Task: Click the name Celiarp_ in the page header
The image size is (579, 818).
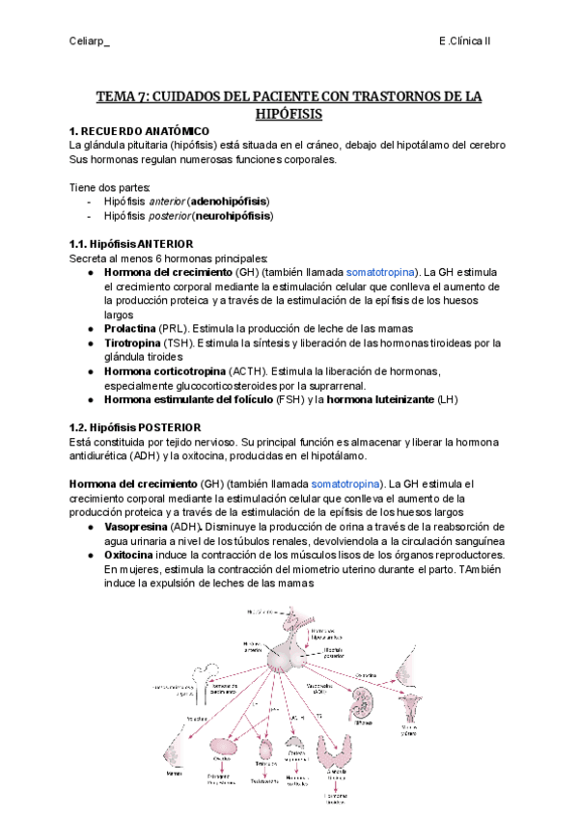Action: click(92, 41)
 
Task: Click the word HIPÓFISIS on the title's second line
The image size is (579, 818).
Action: click(289, 114)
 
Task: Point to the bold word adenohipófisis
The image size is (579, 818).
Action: click(230, 201)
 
